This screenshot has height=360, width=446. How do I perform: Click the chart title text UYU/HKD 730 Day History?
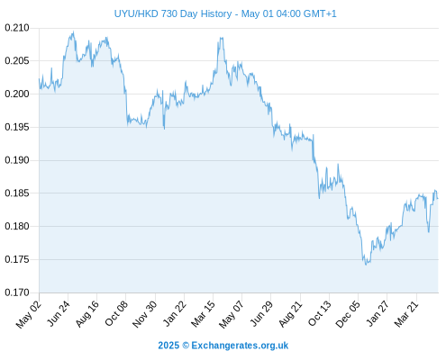pyautogui.click(x=173, y=13)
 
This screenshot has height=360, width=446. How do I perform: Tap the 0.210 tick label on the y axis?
pyautogui.click(x=17, y=28)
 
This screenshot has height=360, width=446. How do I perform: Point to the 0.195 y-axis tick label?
pyautogui.click(x=17, y=127)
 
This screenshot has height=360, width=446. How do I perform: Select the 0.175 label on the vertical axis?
pyautogui.click(x=17, y=259)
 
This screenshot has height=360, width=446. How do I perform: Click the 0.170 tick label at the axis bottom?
pyautogui.click(x=17, y=292)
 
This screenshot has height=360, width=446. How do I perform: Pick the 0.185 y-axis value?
pyautogui.click(x=17, y=193)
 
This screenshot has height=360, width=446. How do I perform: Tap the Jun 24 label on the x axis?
pyautogui.click(x=59, y=313)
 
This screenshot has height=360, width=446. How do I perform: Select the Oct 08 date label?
pyautogui.click(x=116, y=313)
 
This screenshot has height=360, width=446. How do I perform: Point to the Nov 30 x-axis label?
pyautogui.click(x=145, y=314)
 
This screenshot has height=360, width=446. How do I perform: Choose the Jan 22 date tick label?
pyautogui.click(x=174, y=313)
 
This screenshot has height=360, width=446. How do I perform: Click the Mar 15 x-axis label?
pyautogui.click(x=203, y=314)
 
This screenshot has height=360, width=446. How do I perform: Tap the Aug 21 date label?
pyautogui.click(x=290, y=314)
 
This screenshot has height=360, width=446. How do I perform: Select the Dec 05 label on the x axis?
pyautogui.click(x=347, y=314)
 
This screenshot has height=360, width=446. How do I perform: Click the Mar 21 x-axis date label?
pyautogui.click(x=406, y=314)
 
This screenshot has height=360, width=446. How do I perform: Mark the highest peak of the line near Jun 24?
pyautogui.click(x=73, y=31)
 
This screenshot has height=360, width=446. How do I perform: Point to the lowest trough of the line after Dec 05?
pyautogui.click(x=366, y=265)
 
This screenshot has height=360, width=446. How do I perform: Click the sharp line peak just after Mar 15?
pyautogui.click(x=222, y=38)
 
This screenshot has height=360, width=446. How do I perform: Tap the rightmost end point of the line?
pyautogui.click(x=438, y=198)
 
